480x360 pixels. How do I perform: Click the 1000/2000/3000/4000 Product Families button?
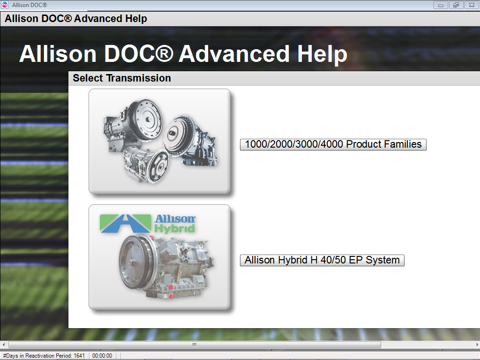[333, 144]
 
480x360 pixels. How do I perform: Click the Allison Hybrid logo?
[148, 224]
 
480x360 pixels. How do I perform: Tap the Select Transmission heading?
[122, 78]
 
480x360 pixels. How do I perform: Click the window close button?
[471, 5]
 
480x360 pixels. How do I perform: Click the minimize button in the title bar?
[441, 5]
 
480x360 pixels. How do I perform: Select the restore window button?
[456, 5]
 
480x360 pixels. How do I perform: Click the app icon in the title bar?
[5, 5]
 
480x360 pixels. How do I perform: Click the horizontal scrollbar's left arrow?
[4, 345]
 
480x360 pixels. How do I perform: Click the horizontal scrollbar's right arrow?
[476, 345]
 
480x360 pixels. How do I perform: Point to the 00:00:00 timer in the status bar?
[102, 356]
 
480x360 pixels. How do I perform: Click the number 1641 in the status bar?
[79, 356]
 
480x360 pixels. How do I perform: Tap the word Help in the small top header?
[135, 19]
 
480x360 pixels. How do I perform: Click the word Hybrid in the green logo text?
[174, 229]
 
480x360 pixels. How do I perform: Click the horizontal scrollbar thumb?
[195, 345]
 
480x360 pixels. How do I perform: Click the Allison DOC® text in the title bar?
[30, 5]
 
